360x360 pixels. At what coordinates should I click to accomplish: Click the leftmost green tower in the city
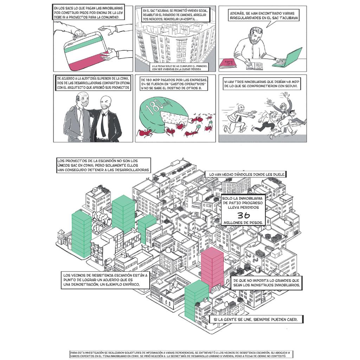[81, 232]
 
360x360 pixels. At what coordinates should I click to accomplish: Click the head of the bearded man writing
[256, 36]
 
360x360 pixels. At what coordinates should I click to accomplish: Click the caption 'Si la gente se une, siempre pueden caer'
[256, 320]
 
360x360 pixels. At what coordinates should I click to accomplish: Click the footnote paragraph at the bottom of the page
[180, 354]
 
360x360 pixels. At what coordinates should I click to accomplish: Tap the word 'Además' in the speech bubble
[238, 13]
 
